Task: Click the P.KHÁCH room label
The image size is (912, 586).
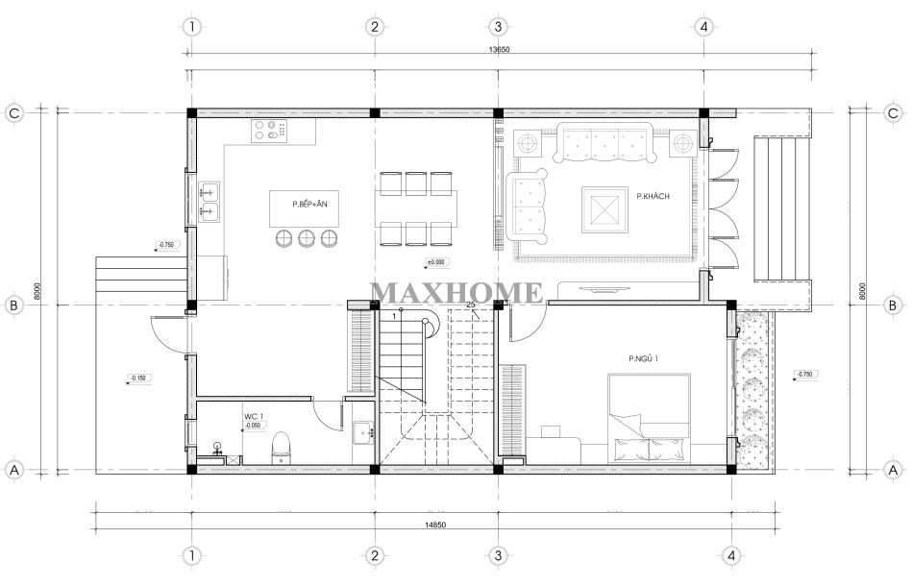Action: click(653, 197)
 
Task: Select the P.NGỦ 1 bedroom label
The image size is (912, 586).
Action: click(644, 359)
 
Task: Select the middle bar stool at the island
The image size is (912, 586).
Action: click(307, 238)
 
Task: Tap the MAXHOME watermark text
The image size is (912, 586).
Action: click(456, 291)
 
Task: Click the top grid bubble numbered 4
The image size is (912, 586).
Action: click(704, 26)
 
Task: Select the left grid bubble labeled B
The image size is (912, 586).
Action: click(14, 305)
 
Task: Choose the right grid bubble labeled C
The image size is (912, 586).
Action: click(893, 112)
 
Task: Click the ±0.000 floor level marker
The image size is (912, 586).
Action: click(438, 262)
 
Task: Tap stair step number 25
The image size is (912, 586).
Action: click(471, 305)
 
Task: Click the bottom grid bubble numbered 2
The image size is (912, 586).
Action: click(374, 555)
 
